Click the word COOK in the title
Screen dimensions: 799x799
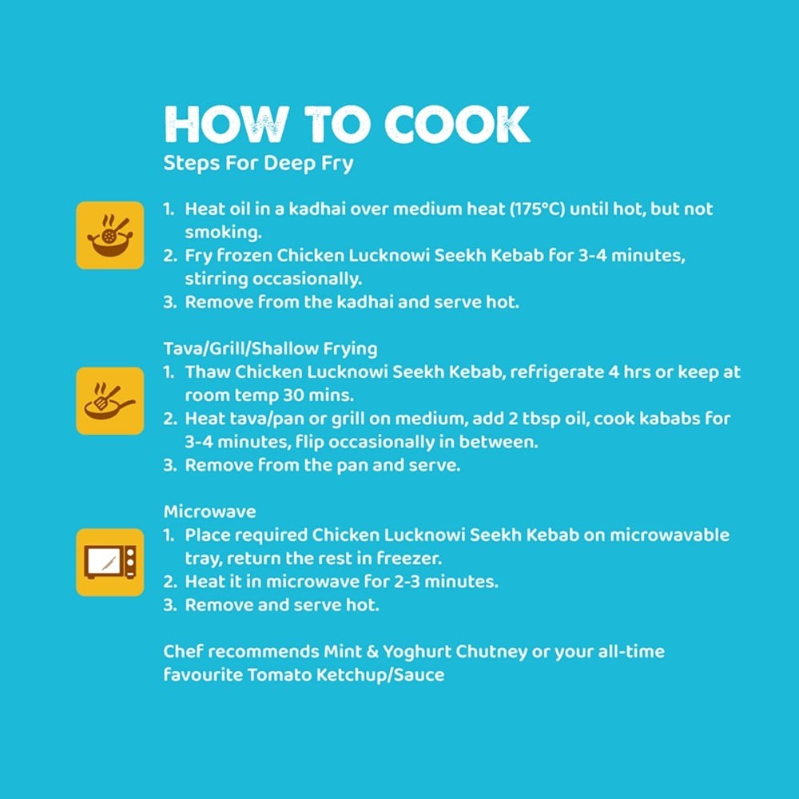pos(457,125)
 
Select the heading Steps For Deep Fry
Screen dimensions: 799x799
pos(258,164)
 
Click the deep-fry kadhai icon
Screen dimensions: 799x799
pos(110,235)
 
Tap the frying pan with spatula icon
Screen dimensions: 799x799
pos(110,401)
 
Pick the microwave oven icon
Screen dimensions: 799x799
pos(110,562)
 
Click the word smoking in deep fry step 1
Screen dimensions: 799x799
pos(223,233)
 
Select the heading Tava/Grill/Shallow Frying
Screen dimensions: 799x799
pos(271,349)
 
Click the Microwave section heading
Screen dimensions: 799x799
pos(210,511)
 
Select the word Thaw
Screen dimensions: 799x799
pos(208,372)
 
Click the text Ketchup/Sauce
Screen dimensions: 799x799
pos(380,675)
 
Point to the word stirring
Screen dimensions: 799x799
pos(217,280)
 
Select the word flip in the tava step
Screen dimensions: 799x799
pos(310,443)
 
